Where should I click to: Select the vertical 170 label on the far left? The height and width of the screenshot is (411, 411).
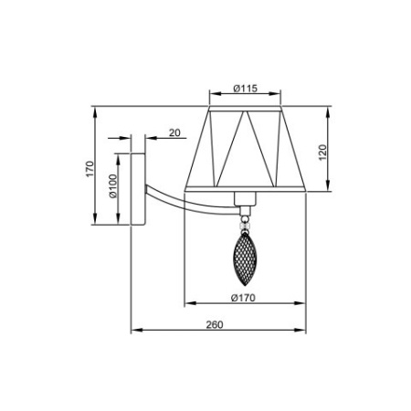click(90, 168)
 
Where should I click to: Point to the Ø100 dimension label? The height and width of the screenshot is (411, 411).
click(112, 186)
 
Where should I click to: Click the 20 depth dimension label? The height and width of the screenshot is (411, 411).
click(174, 132)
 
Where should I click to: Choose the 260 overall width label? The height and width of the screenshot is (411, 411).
click(215, 324)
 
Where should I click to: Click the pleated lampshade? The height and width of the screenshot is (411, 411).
click(244, 150)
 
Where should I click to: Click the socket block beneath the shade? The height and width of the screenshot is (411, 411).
click(244, 200)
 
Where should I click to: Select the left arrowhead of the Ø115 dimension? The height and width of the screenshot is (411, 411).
click(212, 94)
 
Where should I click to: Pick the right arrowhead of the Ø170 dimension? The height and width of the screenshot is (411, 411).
click(303, 304)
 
